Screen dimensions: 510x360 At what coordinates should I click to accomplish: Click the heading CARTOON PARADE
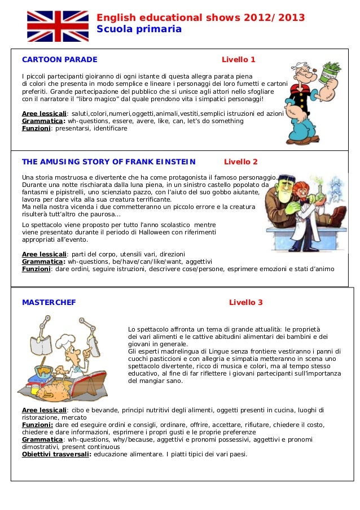pyautogui.click(x=59, y=59)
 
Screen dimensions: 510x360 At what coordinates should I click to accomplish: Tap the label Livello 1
pyautogui.click(x=238, y=59)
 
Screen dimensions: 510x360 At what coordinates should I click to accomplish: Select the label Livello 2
pyautogui.click(x=241, y=162)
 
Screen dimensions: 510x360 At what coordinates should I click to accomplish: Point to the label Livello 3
pyautogui.click(x=245, y=302)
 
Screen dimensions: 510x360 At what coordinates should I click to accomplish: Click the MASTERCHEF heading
pyautogui.click(x=49, y=302)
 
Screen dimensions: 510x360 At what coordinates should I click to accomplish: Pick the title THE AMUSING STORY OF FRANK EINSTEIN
pyautogui.click(x=108, y=162)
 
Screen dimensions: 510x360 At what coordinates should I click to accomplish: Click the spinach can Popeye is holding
pyautogui.click(x=330, y=72)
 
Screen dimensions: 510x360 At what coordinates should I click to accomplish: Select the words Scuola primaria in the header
pyautogui.click(x=139, y=29)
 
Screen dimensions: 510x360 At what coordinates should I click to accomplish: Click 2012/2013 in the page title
pyautogui.click(x=275, y=18)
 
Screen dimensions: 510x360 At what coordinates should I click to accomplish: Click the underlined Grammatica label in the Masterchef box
pyautogui.click(x=42, y=439)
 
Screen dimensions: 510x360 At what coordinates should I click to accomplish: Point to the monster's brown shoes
pyautogui.click(x=338, y=217)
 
